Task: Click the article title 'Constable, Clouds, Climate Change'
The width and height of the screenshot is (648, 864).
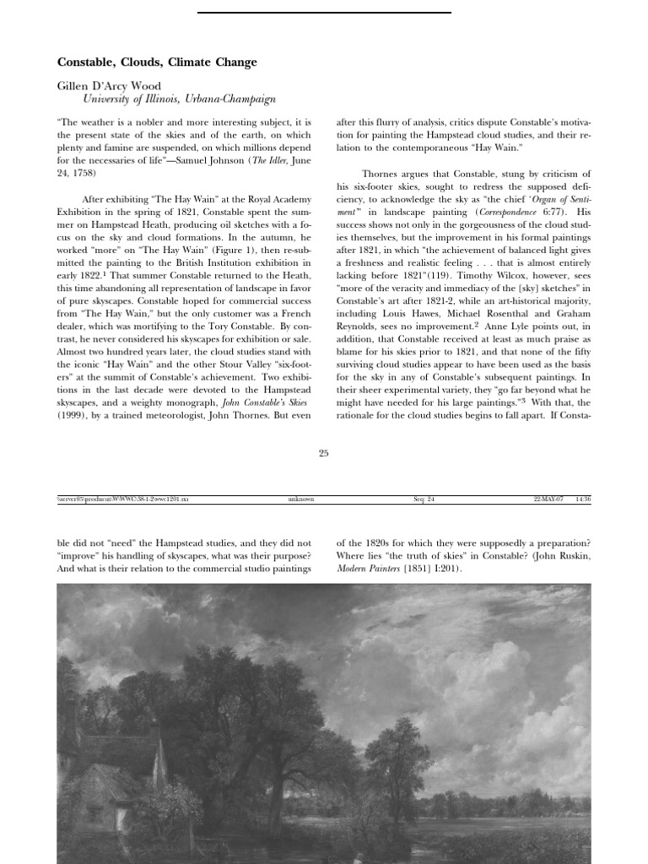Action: coord(157,62)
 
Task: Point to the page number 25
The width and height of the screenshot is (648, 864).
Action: coord(323,454)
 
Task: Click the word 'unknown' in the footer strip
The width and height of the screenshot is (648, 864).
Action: coord(300,499)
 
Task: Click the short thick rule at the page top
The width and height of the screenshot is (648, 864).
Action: coord(323,13)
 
